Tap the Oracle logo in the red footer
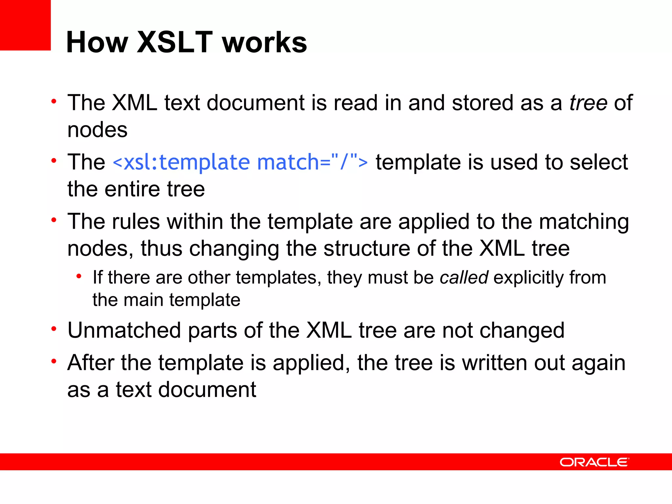594,462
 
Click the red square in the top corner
25,25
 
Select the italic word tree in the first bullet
588,103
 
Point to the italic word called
464,278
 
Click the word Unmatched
124,330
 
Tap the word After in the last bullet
91,363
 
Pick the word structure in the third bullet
367,248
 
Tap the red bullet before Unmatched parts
54,329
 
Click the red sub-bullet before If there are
79,277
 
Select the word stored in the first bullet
483,103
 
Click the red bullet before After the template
54,362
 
